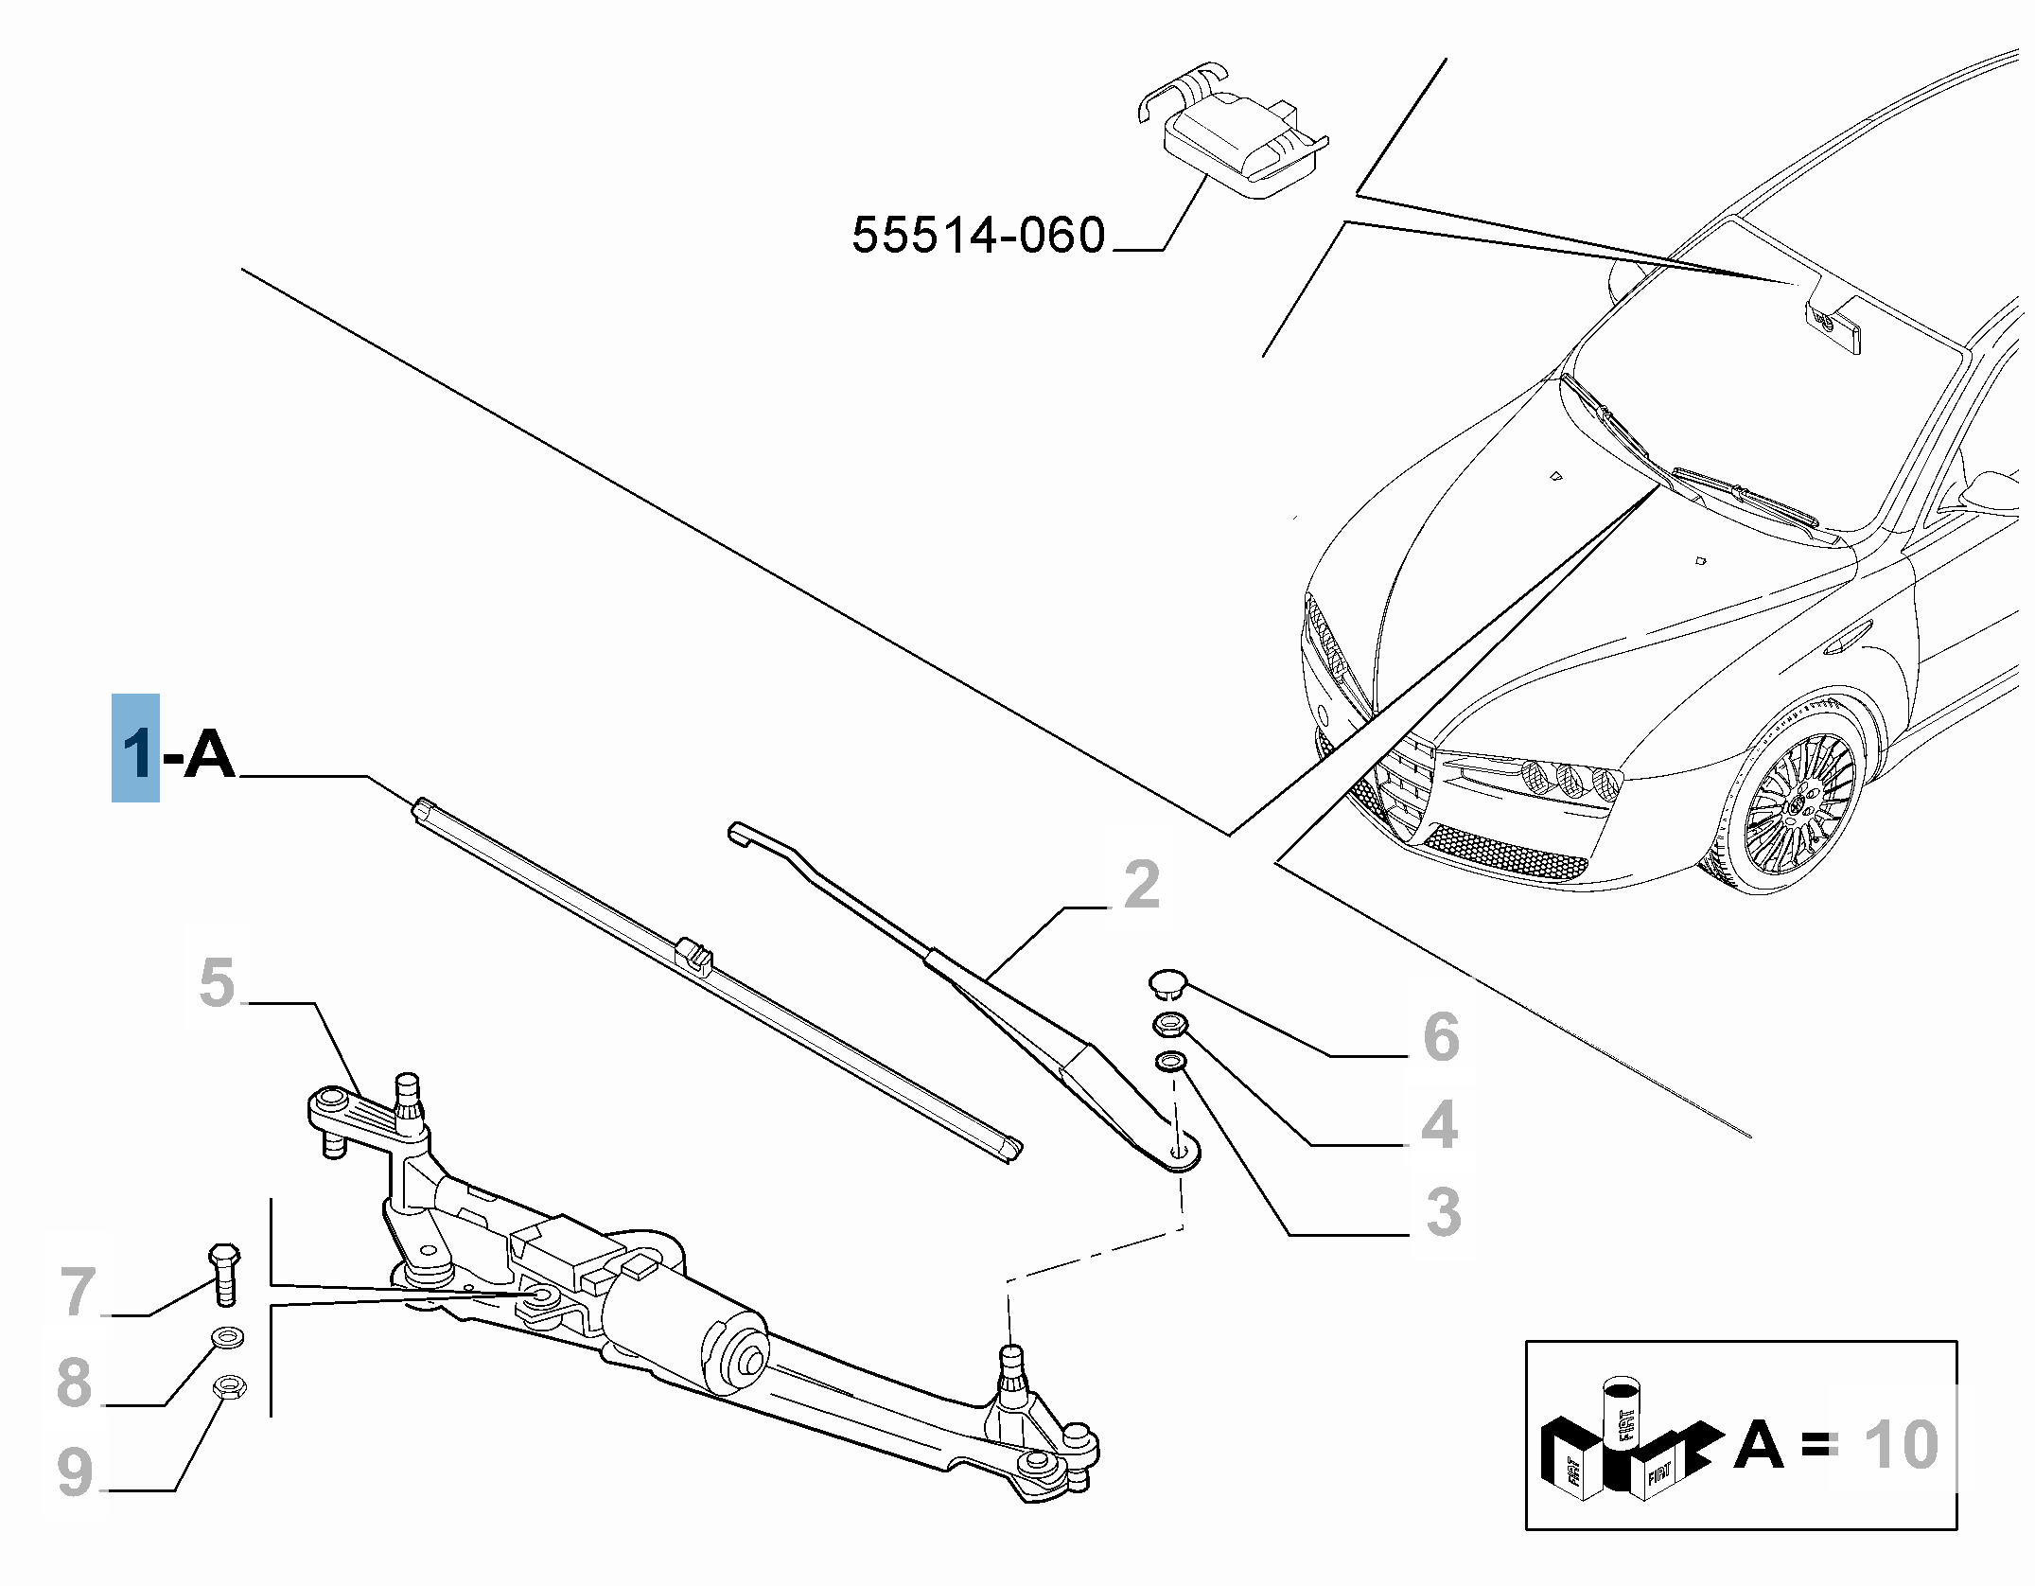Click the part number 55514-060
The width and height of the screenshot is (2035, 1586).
[x=977, y=235]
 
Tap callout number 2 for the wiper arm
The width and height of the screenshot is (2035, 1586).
[x=1142, y=884]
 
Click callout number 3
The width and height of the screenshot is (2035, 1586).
[x=1443, y=1212]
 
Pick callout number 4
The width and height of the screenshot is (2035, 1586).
[x=1439, y=1125]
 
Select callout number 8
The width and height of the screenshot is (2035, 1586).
[x=74, y=1382]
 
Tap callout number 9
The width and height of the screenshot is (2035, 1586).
[x=76, y=1471]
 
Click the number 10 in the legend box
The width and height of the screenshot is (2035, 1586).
[x=1900, y=1445]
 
